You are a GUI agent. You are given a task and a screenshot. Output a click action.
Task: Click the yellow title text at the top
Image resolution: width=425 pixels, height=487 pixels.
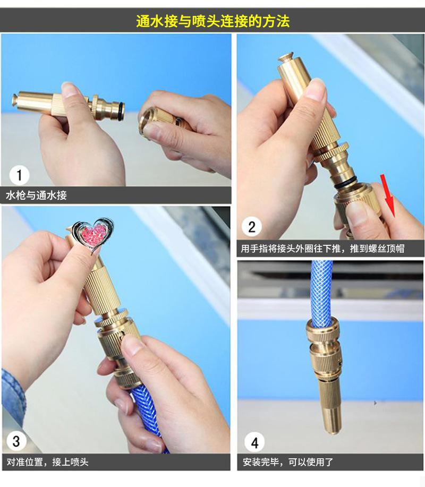(213, 21)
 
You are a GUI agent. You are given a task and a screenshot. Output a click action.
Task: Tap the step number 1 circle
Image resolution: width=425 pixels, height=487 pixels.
(19, 175)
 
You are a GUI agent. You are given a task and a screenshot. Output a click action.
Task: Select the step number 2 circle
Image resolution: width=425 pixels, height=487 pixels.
(251, 227)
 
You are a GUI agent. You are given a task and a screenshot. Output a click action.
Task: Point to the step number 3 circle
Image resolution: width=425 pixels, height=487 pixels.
(16, 441)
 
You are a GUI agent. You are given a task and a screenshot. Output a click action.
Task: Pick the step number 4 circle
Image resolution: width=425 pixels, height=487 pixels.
(254, 442)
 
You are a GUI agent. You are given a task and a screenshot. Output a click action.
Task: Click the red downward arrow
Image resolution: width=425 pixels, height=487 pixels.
(388, 195)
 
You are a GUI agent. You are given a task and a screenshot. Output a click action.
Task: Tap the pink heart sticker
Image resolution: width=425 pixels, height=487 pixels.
(93, 235)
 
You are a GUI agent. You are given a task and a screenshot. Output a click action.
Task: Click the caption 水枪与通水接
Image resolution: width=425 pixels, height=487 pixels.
(36, 195)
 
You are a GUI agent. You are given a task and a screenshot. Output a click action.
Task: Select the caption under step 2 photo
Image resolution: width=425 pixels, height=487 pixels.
(322, 249)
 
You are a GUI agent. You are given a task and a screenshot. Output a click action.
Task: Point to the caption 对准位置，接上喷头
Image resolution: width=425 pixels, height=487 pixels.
(47, 462)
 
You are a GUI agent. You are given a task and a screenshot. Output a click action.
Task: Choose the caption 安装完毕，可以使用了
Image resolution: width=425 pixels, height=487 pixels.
(288, 462)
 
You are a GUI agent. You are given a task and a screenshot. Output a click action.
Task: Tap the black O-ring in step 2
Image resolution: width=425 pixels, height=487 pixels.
(345, 183)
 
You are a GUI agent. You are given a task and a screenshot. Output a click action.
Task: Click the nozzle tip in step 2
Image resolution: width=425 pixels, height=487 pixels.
(287, 58)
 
